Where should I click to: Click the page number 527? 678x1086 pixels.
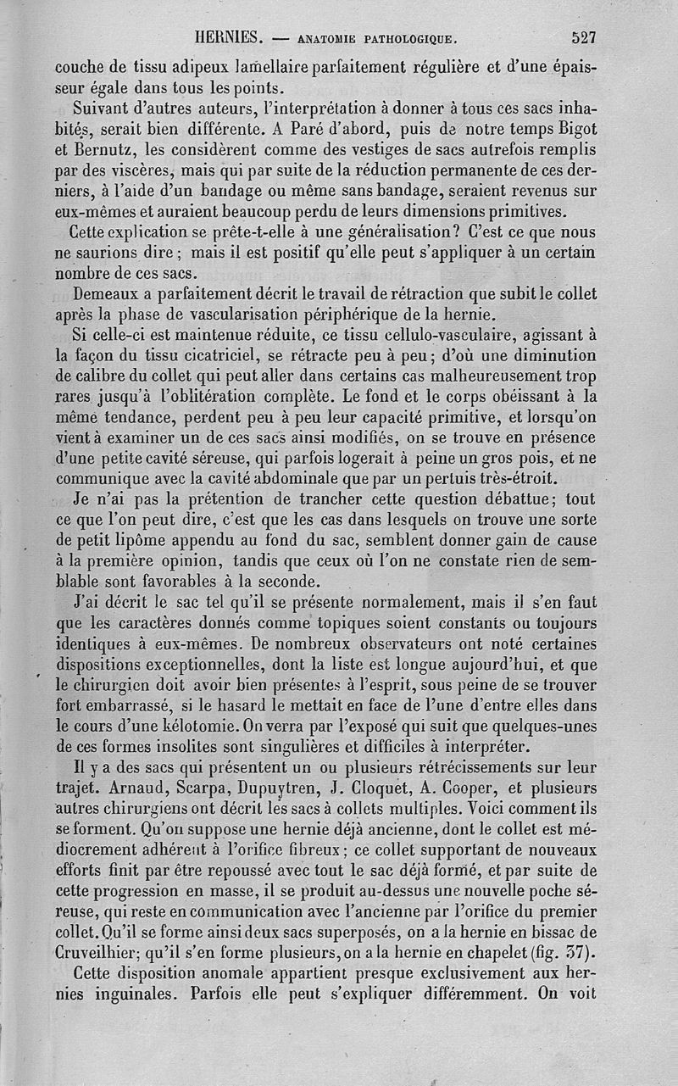tap(584, 38)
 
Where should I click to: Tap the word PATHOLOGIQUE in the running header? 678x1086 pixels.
tap(410, 39)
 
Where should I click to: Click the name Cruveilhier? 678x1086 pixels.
tap(108, 950)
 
